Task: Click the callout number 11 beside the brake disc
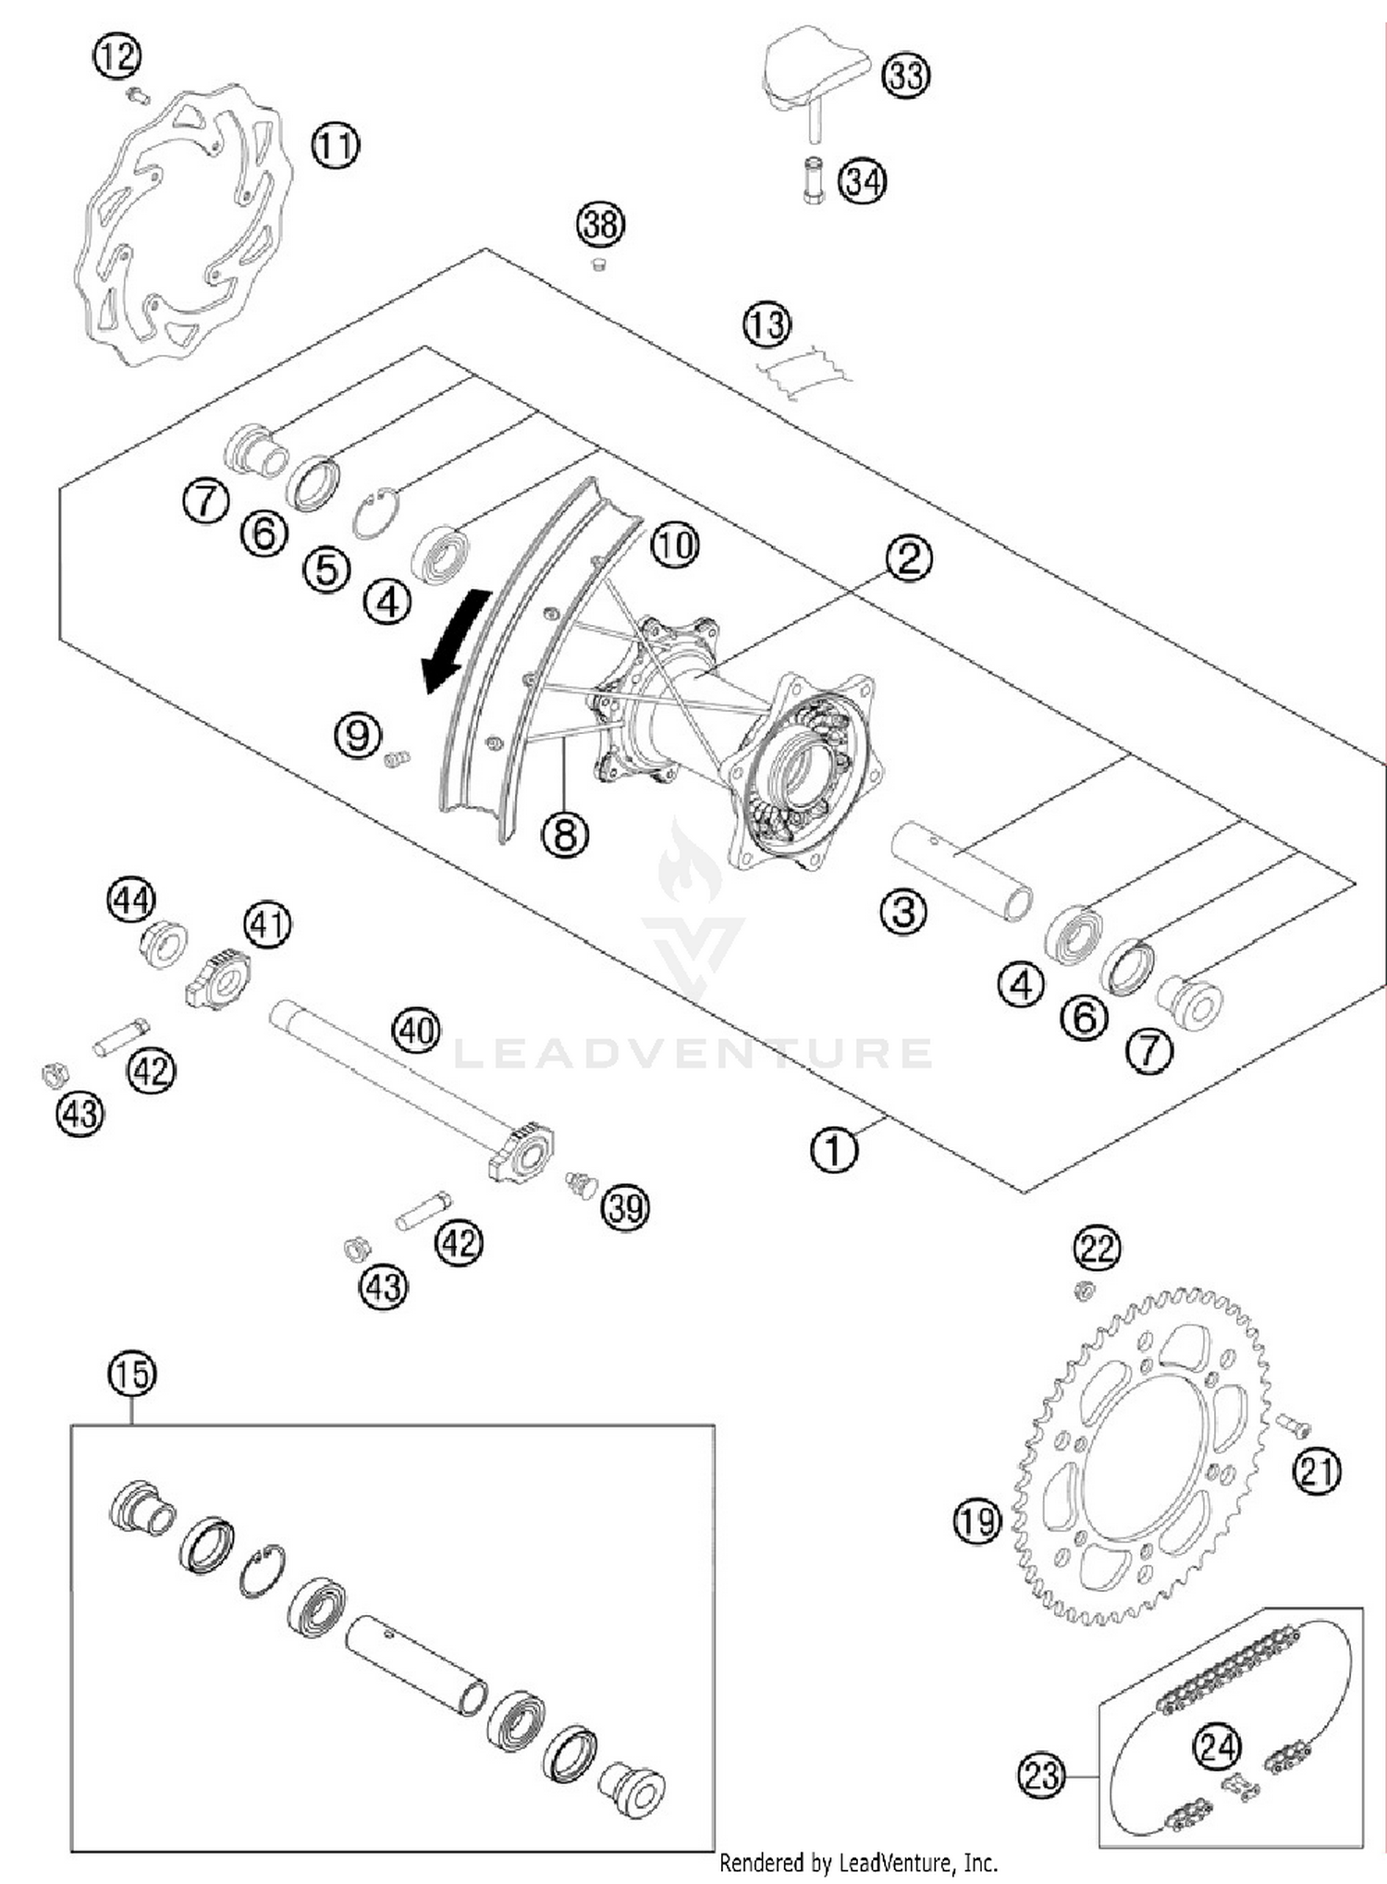tap(335, 145)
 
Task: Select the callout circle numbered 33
tap(905, 74)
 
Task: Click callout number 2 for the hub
tap(908, 558)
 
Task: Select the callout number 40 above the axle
tap(416, 1030)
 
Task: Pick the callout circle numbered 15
tap(132, 1374)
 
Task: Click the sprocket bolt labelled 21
tap(1293, 1426)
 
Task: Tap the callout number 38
tap(600, 225)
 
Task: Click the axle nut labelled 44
tap(164, 943)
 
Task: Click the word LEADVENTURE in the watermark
tap(693, 1054)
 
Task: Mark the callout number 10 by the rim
tap(675, 545)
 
